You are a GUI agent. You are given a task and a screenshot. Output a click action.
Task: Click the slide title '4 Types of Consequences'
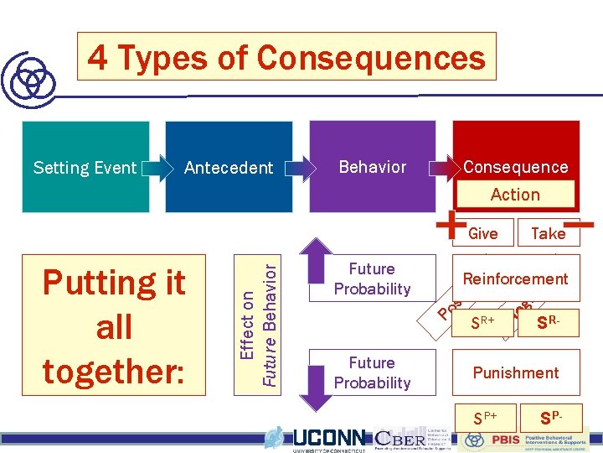click(286, 57)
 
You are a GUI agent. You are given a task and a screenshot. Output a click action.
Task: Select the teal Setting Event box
click(85, 167)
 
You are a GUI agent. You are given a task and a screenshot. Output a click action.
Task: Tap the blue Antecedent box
click(229, 167)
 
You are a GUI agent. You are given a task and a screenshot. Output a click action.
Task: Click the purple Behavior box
click(373, 166)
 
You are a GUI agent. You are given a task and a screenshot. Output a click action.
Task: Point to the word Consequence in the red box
click(515, 166)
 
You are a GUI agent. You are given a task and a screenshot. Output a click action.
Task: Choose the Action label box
click(515, 195)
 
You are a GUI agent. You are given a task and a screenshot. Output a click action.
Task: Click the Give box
click(483, 233)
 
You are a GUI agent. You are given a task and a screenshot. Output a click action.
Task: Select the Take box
click(549, 233)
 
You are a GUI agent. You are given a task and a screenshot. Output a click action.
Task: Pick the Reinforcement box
click(515, 279)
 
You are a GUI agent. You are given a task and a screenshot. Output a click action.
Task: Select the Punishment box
click(515, 372)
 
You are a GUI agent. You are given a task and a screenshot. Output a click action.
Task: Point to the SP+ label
click(485, 417)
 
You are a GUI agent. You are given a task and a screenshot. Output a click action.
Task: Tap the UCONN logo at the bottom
click(327, 438)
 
